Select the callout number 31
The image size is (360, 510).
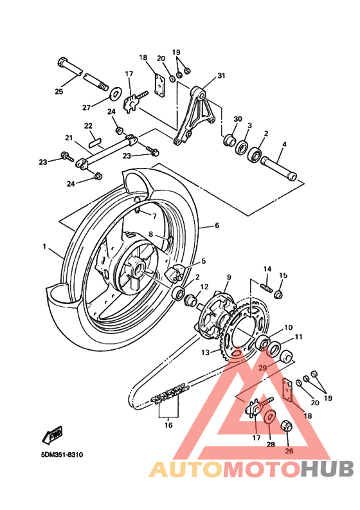pyautogui.click(x=221, y=76)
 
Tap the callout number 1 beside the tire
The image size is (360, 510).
pyautogui.click(x=44, y=246)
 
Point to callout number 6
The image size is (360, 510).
pyautogui.click(x=217, y=226)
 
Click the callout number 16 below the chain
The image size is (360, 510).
pyautogui.click(x=168, y=424)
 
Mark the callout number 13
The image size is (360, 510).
pyautogui.click(x=205, y=352)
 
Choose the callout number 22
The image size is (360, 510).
pyautogui.click(x=88, y=125)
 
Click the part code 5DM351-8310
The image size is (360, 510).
pyautogui.click(x=61, y=455)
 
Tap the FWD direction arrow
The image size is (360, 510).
pyautogui.click(x=52, y=435)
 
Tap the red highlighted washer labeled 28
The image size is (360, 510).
pyautogui.click(x=269, y=419)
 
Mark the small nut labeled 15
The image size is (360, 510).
pyautogui.click(x=279, y=295)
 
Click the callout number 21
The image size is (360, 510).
pyautogui.click(x=68, y=138)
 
